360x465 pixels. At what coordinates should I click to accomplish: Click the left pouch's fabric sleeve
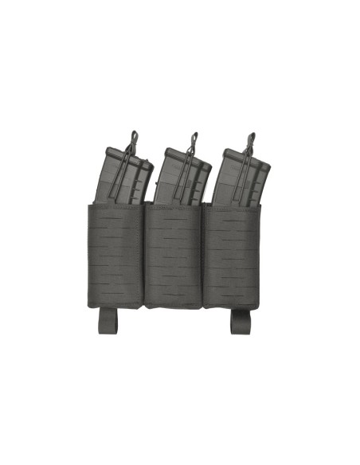[114, 255]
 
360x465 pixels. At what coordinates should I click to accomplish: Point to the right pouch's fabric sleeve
[231, 255]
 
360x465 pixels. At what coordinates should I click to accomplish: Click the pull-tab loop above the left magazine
[133, 139]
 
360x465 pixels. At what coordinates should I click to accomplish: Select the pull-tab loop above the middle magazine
[193, 139]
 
